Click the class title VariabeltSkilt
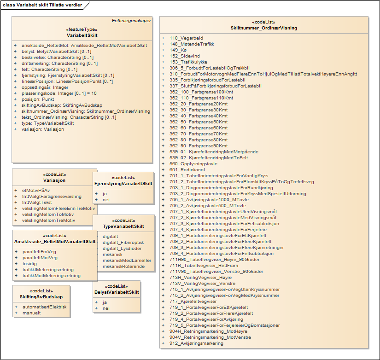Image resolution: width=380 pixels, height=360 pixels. (x=82, y=35)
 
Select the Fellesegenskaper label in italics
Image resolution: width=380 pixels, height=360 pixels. (x=131, y=21)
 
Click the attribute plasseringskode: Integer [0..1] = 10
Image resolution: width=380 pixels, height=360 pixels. (x=59, y=93)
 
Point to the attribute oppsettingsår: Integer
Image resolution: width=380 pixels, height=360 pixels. (x=45, y=87)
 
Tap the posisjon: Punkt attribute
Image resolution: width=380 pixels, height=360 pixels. (x=38, y=99)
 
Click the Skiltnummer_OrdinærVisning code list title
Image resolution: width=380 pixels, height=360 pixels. (x=263, y=28)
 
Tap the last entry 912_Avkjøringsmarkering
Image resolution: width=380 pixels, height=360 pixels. (x=196, y=343)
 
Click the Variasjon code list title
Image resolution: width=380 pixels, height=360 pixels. (x=54, y=180)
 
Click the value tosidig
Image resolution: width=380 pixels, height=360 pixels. (x=29, y=264)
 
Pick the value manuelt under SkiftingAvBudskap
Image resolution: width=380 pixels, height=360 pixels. (x=31, y=313)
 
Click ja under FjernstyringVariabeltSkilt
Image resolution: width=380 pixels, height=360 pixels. (x=105, y=194)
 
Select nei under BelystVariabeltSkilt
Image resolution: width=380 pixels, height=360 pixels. (x=105, y=308)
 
